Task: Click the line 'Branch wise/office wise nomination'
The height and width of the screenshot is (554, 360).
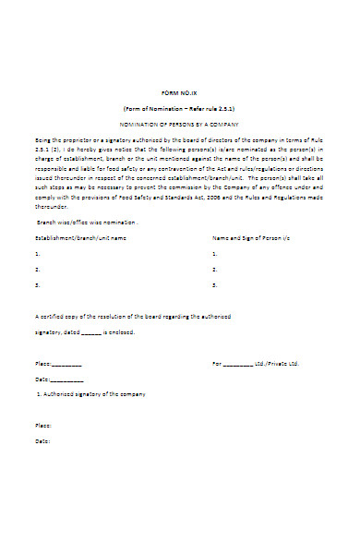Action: coord(88,223)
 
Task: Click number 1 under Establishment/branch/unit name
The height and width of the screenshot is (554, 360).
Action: coord(37,253)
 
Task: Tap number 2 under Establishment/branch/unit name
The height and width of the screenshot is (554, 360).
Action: coord(37,269)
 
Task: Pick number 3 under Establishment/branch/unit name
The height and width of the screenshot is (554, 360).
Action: coord(37,285)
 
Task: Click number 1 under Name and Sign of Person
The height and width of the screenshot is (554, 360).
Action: coord(214,253)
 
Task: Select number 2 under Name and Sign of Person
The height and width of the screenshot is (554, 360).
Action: coord(214,269)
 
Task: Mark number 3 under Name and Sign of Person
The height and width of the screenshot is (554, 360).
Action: coord(214,285)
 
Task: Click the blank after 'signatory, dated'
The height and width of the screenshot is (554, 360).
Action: coord(90,332)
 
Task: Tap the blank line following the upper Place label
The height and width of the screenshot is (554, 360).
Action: coord(66,364)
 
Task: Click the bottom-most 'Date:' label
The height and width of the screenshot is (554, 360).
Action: coord(42,440)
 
